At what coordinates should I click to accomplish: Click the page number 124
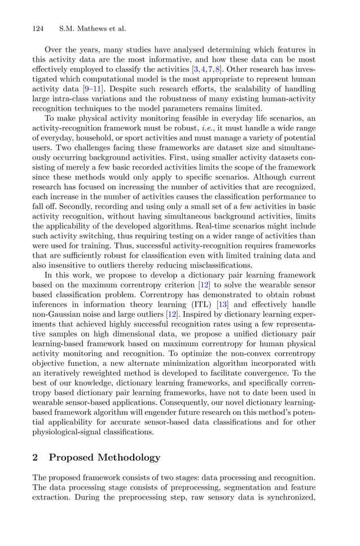tap(38, 28)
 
